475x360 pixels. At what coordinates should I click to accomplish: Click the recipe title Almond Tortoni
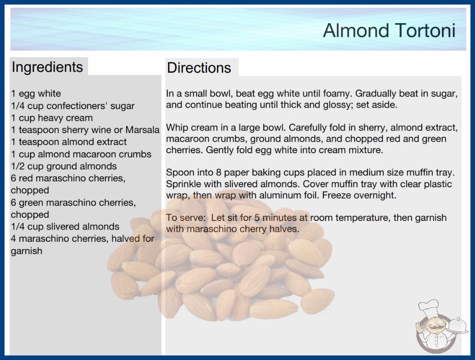coord(389,30)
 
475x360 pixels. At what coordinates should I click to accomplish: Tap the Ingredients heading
coord(47,67)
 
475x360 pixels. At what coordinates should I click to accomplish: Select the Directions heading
coord(199,68)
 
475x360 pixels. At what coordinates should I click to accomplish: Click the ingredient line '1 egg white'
coord(36,94)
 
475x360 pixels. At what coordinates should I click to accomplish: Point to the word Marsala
coord(143,130)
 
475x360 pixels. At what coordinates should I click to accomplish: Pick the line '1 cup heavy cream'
coord(52,118)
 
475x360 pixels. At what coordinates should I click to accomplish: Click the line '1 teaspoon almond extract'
coord(69,142)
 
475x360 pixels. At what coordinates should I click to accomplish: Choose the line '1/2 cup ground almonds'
coord(64,166)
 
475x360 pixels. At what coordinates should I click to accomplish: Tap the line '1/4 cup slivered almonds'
coord(65,226)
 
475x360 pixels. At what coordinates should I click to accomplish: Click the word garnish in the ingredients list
coord(27,251)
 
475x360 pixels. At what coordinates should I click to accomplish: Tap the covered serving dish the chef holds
coord(458,326)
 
